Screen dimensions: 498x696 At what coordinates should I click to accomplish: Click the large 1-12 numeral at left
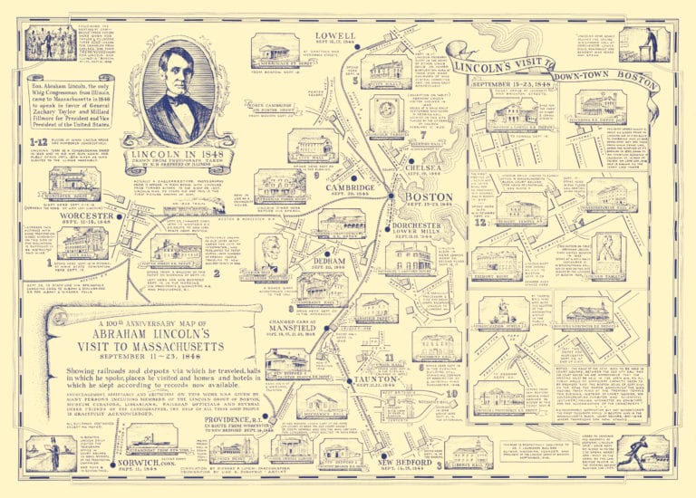[38, 142]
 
